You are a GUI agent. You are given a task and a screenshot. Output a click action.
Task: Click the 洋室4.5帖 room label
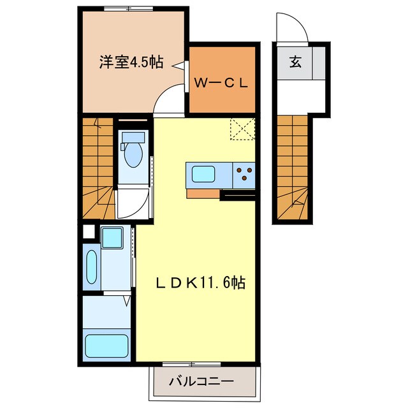tap(131, 62)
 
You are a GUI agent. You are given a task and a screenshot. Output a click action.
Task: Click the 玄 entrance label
tap(296, 62)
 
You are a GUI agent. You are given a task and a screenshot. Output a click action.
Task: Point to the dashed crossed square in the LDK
tap(242, 130)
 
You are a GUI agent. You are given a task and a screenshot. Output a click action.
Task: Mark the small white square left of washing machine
tap(89, 232)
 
